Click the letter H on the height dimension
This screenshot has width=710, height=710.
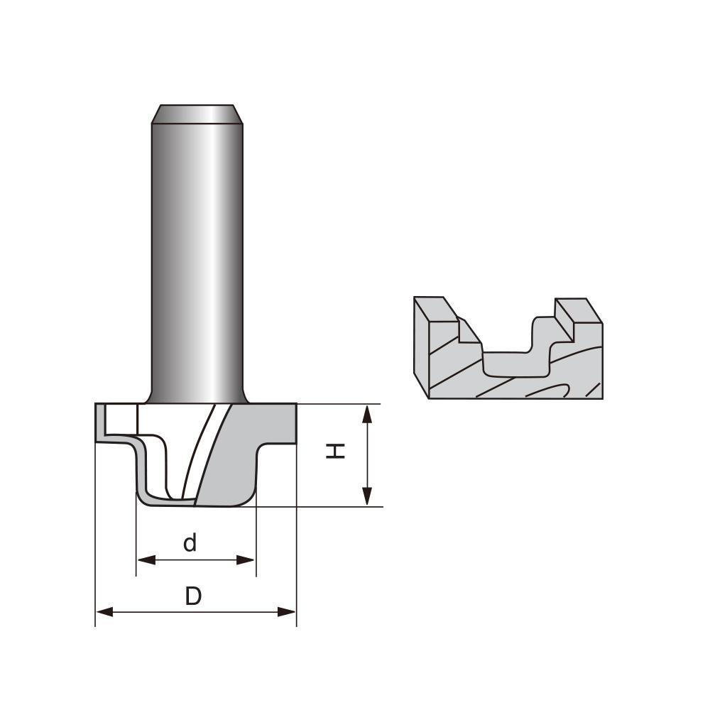point(336,450)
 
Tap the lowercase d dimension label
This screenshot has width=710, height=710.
point(190,543)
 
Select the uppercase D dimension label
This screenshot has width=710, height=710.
point(193,596)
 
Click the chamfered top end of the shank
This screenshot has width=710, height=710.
point(197,114)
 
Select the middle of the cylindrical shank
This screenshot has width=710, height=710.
point(197,256)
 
